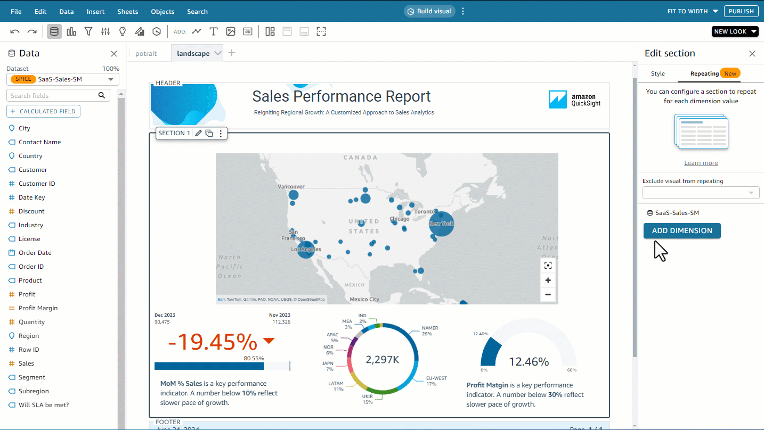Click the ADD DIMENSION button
tap(682, 230)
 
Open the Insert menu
tap(95, 11)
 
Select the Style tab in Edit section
tap(658, 73)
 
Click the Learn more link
tap(701, 163)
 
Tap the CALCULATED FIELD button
tap(43, 111)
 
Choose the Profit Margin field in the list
tap(38, 308)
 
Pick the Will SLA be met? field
tap(44, 405)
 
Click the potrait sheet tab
tap(146, 53)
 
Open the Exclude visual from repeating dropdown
tap(701, 193)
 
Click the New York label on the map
tap(442, 224)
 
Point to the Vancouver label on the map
tap(291, 186)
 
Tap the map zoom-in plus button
tap(548, 280)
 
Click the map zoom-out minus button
tap(548, 294)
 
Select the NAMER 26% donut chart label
tap(429, 331)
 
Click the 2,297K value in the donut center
tap(383, 360)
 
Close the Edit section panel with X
tap(752, 53)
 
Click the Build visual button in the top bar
tap(429, 11)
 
